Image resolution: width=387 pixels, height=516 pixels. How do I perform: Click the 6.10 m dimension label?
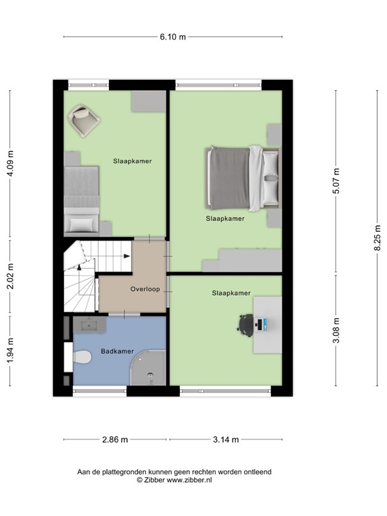pos(173,37)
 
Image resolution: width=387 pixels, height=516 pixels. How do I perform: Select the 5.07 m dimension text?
pos(336,181)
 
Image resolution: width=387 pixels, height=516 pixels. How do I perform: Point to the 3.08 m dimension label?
pos(336,330)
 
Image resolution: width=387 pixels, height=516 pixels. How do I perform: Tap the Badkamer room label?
pos(118,351)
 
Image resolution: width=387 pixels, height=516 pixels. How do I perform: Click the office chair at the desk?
pos(246,325)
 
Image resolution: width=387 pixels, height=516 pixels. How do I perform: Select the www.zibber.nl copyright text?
pos(174,480)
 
